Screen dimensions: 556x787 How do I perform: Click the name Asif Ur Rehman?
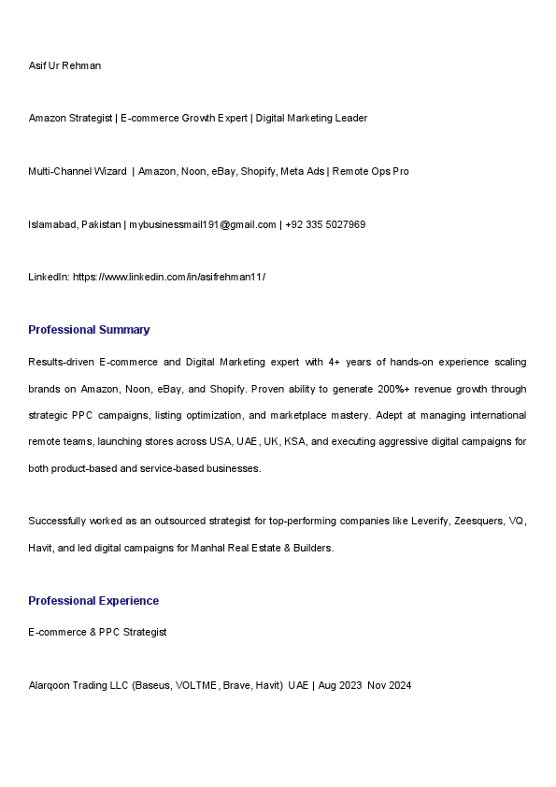click(x=64, y=65)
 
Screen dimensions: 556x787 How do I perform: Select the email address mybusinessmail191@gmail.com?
click(x=203, y=224)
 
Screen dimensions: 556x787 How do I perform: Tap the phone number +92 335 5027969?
click(x=325, y=224)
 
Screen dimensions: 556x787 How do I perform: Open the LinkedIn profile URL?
click(x=169, y=277)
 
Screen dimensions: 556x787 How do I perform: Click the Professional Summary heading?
click(x=89, y=330)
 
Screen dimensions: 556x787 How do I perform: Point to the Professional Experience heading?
click(x=93, y=601)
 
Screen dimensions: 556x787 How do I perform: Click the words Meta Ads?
click(x=302, y=171)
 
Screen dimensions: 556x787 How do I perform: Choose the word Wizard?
click(x=109, y=171)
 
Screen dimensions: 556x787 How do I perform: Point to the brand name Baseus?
click(x=153, y=685)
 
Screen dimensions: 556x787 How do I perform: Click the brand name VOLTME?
click(x=198, y=685)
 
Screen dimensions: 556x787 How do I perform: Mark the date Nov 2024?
click(x=390, y=685)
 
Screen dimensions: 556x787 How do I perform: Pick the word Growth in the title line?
click(x=204, y=118)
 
